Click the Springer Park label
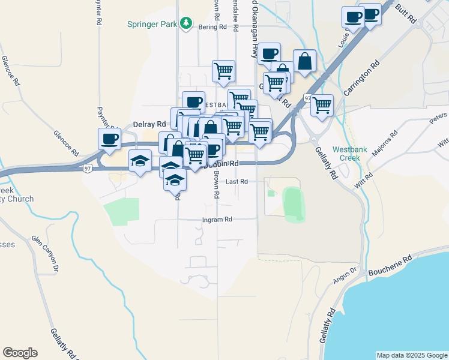pyautogui.click(x=152, y=24)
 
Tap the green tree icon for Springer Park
pyautogui.click(x=187, y=23)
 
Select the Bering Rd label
pyautogui.click(x=214, y=27)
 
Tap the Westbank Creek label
pyautogui.click(x=346, y=154)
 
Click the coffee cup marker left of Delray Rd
pyautogui.click(x=109, y=139)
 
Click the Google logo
pyautogui.click(x=20, y=353)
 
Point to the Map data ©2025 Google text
pyautogui.click(x=411, y=355)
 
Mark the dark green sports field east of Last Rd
pyautogui.click(x=294, y=204)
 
